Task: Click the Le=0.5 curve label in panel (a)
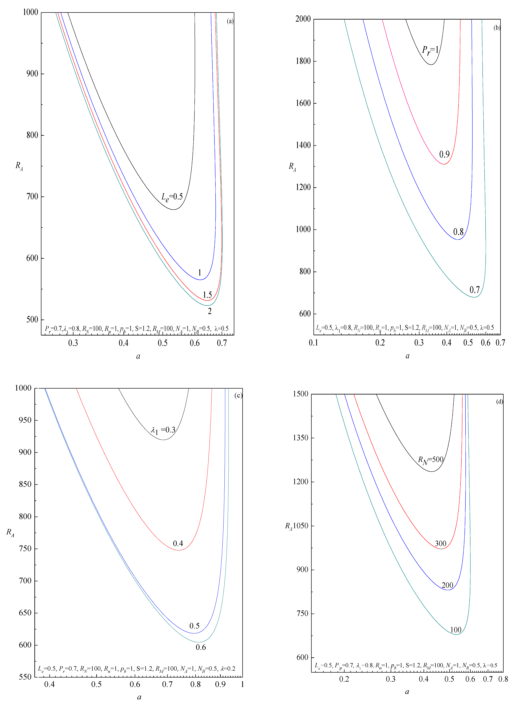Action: click(x=172, y=197)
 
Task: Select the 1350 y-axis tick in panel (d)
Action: click(x=301, y=438)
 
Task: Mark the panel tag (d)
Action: click(x=500, y=402)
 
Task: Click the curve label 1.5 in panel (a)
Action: click(x=207, y=295)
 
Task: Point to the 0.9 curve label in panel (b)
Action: click(x=444, y=154)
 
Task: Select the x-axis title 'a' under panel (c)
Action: click(x=139, y=697)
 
